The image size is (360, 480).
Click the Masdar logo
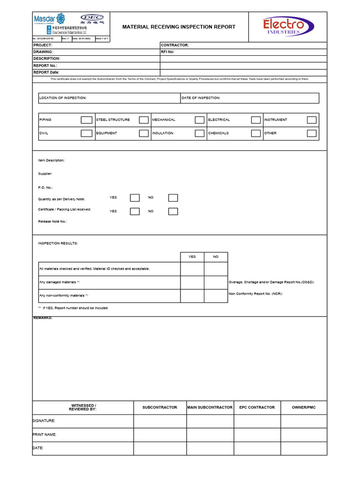point(49,19)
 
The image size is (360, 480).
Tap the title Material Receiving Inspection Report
point(179,27)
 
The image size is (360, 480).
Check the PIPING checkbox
point(86,120)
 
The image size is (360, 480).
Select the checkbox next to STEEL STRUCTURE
point(143,120)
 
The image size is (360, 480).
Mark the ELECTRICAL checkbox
point(255,120)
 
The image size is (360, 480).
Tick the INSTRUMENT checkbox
point(312,120)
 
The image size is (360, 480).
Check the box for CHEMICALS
point(255,133)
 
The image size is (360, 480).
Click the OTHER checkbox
point(312,133)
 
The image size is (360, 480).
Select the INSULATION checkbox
point(200,133)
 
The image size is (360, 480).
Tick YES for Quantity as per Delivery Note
point(135,198)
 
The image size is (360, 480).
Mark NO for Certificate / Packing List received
point(173,211)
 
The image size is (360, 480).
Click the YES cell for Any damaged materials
point(192,283)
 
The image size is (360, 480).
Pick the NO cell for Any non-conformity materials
point(216,296)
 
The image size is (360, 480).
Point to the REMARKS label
point(43,318)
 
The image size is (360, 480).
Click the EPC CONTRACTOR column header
point(257,407)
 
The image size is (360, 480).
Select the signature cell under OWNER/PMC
point(304,421)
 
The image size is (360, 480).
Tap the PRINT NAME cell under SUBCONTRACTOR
point(160,435)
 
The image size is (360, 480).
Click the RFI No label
point(167,52)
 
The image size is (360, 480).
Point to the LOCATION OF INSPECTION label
point(63,98)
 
